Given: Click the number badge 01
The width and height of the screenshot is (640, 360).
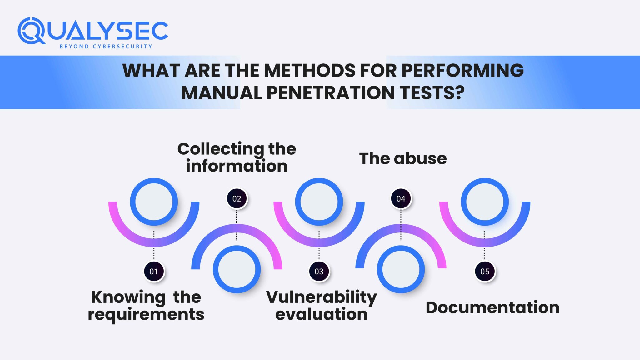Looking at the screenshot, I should (154, 271).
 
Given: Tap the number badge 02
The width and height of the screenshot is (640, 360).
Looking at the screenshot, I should (237, 198).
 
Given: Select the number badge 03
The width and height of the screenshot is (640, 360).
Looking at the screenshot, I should (319, 271).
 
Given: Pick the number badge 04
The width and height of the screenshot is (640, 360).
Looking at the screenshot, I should (401, 198).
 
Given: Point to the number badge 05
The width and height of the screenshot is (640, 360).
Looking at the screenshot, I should (485, 271).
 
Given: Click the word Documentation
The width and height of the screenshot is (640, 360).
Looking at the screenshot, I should (492, 307).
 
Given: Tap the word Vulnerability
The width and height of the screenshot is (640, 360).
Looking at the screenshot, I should (322, 297).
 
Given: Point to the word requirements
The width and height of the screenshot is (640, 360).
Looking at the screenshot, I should (146, 314).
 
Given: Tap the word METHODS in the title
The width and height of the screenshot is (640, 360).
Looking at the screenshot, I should (310, 70).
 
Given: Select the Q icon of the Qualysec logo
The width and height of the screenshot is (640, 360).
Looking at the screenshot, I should (31, 31).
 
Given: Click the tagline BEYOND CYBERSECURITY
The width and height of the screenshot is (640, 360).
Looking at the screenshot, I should (106, 47).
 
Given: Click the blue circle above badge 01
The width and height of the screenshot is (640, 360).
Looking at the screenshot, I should (154, 202).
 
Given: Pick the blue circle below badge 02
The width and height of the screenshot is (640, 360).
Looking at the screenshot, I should (237, 269).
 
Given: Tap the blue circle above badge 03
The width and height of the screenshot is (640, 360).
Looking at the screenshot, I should (319, 202).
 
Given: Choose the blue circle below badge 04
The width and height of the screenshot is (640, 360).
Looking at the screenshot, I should (401, 269).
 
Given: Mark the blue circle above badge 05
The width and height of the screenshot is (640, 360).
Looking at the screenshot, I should (485, 202).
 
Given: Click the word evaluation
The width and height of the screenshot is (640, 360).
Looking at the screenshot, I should (321, 314).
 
